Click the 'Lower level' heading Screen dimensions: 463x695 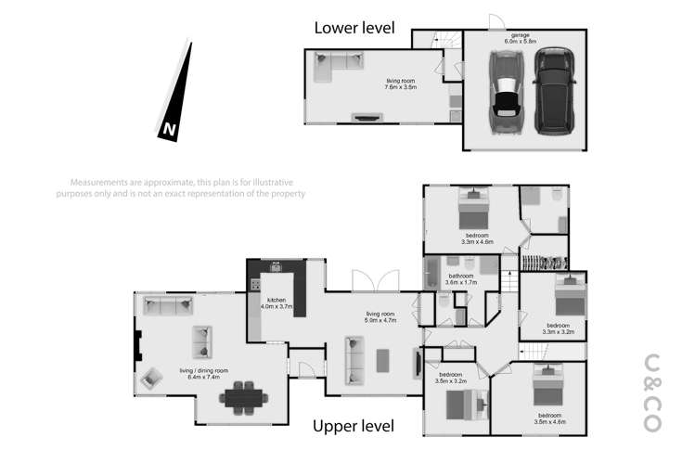(x=354, y=27)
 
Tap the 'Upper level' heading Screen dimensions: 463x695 (x=354, y=426)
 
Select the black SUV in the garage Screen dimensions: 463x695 (x=550, y=91)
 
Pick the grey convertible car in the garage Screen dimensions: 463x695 (x=507, y=93)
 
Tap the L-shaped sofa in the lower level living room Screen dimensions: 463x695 (x=339, y=63)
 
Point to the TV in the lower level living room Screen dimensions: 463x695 (x=367, y=118)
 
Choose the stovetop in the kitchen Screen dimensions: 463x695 (x=254, y=285)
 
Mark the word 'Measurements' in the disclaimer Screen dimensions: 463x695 (x=98, y=182)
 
